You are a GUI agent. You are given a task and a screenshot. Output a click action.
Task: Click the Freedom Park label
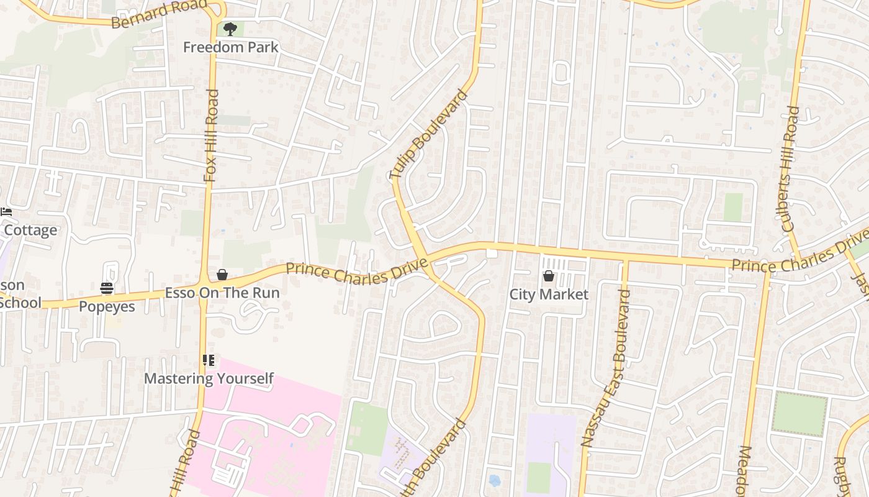coord(231,47)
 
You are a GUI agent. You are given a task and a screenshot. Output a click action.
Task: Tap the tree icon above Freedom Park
coord(230,29)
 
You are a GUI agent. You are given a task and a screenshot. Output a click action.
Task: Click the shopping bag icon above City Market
coord(549,276)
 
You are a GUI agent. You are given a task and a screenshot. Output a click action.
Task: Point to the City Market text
coord(549,294)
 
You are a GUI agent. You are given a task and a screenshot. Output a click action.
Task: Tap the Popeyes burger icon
coord(107,288)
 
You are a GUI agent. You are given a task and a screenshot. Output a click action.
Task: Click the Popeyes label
coord(107,306)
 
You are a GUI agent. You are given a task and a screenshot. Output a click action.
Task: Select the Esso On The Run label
coord(222,293)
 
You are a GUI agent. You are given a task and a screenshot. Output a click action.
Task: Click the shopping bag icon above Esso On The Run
coord(222,275)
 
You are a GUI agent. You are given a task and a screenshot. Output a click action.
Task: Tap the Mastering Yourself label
coord(209,378)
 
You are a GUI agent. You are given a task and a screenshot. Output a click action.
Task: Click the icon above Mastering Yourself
coord(209,360)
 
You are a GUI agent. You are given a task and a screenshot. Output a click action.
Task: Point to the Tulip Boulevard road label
coord(428,135)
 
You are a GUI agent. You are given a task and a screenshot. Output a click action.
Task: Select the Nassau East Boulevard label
coord(605,368)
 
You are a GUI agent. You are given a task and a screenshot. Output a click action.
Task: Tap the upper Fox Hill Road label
coord(211,135)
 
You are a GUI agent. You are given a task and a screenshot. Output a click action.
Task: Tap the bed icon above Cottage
coord(6,212)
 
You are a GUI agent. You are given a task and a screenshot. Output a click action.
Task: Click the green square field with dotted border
coord(799,414)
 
